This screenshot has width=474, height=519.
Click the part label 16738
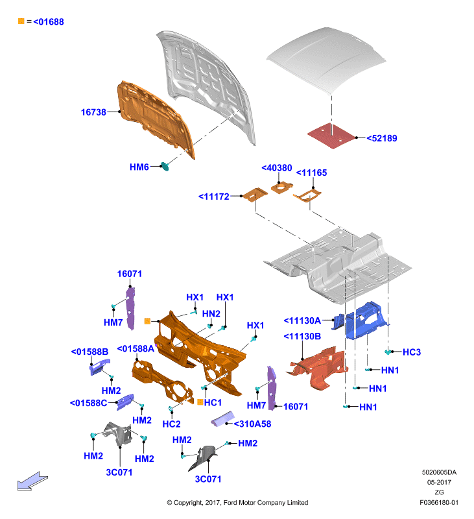coord(93,112)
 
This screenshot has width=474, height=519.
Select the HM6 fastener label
coord(139,167)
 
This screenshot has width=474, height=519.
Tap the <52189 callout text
coord(382,138)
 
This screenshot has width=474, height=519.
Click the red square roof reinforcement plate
coord(331,136)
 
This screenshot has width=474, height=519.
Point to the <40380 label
coord(276,168)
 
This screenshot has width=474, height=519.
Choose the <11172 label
coord(214,197)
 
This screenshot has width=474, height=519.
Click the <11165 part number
coord(311,173)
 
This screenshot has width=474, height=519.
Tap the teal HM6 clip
coord(165,166)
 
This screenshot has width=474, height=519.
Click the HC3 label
coord(412,352)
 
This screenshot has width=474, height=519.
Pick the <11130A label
coord(302,320)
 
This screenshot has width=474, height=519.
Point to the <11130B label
coord(302,337)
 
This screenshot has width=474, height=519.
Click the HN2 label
coord(211,314)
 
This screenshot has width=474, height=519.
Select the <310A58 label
coord(252,424)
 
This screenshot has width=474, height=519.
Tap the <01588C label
coord(88,403)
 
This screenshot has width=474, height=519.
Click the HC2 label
coord(171,424)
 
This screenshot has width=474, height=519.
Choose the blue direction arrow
coord(32,481)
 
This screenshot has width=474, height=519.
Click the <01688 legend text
coord(49,22)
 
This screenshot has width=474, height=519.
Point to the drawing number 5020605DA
coord(439,472)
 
